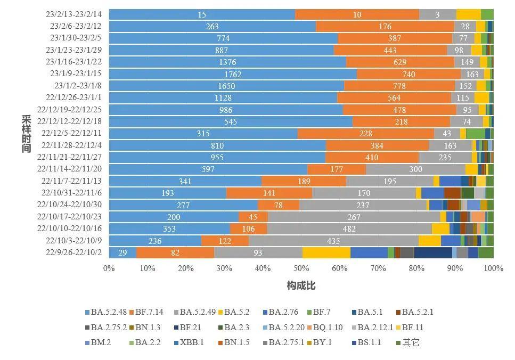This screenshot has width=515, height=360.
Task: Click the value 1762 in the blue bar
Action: [233, 74]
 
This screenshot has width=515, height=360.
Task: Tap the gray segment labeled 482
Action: [349, 229]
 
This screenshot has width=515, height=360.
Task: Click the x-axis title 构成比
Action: [301, 286]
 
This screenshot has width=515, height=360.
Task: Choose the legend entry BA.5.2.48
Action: [107, 312]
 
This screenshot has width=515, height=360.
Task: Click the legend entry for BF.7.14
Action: [151, 312]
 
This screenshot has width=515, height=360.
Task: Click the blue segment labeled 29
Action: [122, 253]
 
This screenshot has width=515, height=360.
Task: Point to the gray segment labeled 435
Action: [333, 241]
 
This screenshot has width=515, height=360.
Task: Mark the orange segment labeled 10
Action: [357, 14]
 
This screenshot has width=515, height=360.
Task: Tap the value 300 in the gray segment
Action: [415, 169]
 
